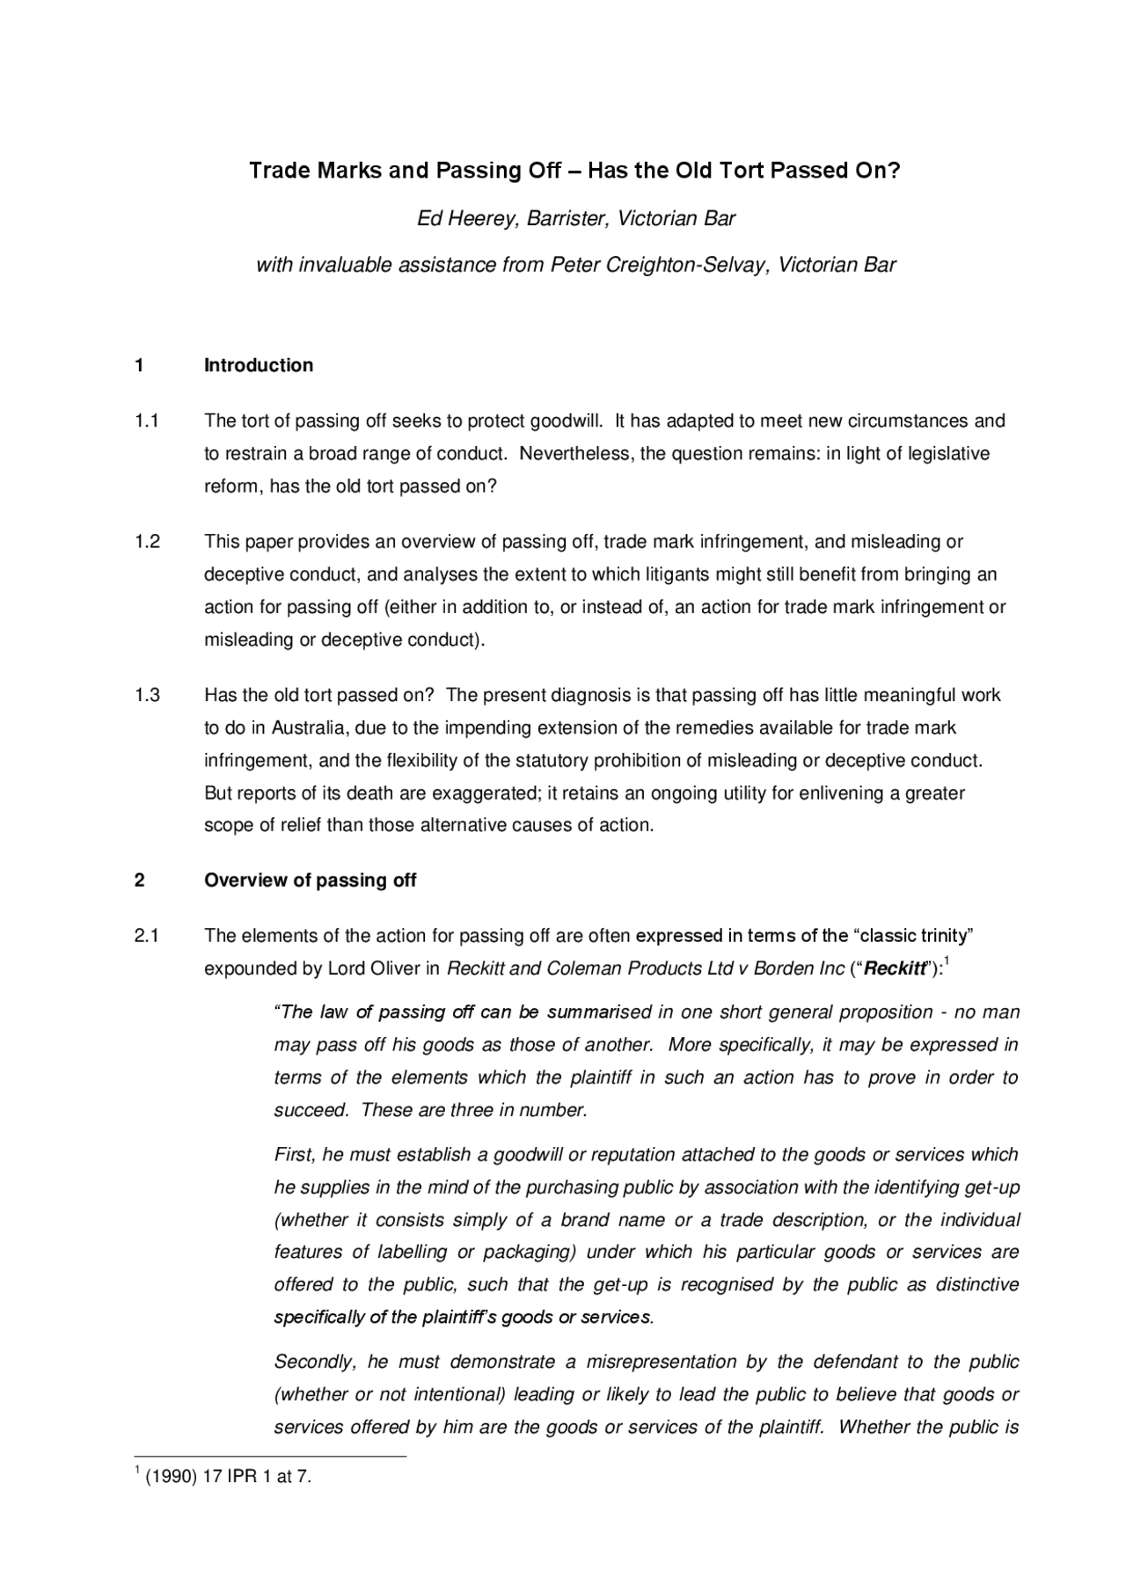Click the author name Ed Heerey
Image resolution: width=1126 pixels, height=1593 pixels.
(x=466, y=218)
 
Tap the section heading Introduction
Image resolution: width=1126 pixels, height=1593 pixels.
(x=259, y=365)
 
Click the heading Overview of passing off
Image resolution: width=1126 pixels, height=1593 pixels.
(x=310, y=880)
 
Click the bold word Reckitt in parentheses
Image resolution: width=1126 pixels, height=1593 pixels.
(x=895, y=969)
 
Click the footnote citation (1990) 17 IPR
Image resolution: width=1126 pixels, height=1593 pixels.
(x=200, y=1477)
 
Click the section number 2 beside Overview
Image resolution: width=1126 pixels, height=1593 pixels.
(x=139, y=880)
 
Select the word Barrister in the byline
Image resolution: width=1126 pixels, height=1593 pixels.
(x=567, y=218)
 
